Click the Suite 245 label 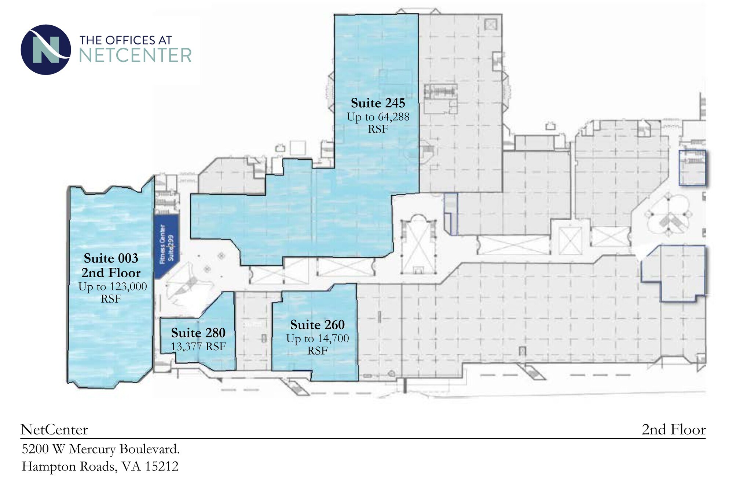[x=378, y=103]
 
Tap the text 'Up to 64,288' [x=378, y=117]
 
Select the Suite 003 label [x=111, y=259]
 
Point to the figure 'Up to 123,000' [x=112, y=286]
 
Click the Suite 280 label [x=198, y=333]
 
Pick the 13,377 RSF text [x=198, y=346]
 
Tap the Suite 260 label [x=317, y=325]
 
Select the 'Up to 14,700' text [x=317, y=338]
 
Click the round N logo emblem [x=46, y=50]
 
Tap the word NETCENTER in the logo [x=135, y=55]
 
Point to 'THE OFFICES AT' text [x=126, y=40]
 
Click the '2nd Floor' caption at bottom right [x=673, y=430]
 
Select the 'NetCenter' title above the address [x=54, y=430]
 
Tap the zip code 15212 [x=161, y=466]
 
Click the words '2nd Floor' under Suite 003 [x=111, y=273]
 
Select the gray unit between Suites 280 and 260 [x=253, y=330]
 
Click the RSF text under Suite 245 [x=378, y=129]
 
